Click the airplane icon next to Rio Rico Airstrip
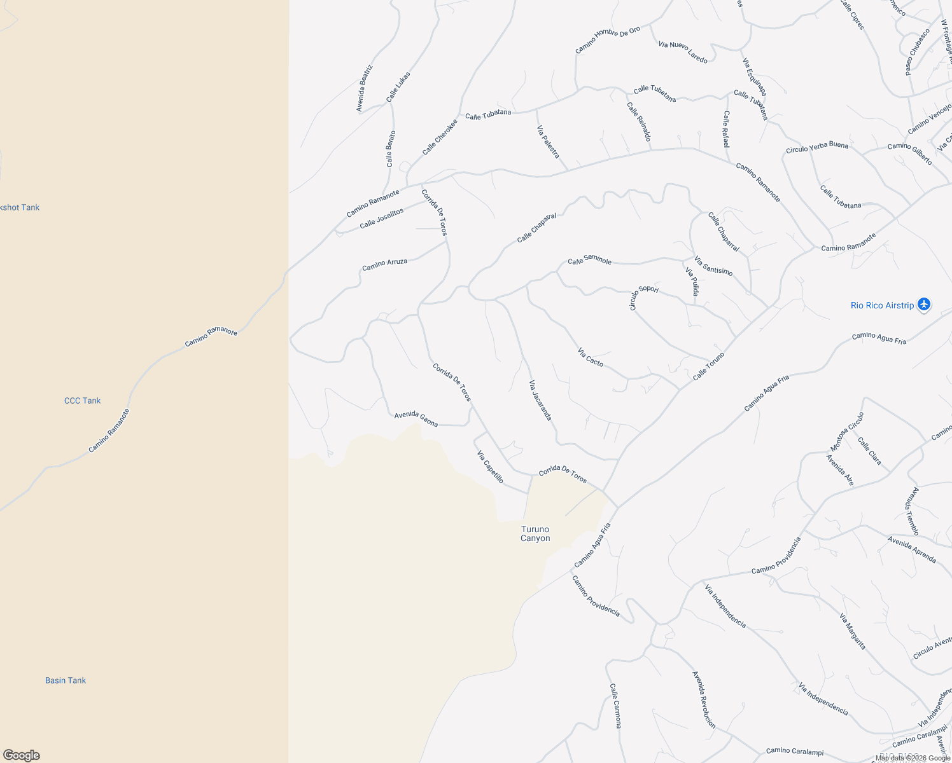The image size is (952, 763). (x=924, y=305)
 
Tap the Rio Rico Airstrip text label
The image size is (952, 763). (x=882, y=306)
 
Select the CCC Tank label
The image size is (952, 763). (x=83, y=401)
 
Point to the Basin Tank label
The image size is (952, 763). (x=66, y=680)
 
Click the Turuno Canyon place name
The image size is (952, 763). (x=535, y=534)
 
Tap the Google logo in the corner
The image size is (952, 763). (x=22, y=755)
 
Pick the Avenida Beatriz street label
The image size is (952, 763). (x=364, y=88)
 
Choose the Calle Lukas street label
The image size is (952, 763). (x=398, y=87)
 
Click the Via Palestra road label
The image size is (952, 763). (x=548, y=142)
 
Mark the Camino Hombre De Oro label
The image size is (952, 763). (x=608, y=40)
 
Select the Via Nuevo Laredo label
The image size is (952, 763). (x=683, y=52)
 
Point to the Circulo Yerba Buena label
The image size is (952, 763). (x=817, y=147)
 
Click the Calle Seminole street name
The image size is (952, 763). (x=590, y=260)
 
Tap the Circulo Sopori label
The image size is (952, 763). (x=643, y=296)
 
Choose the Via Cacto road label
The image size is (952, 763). (x=591, y=357)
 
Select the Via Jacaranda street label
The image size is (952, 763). (x=540, y=401)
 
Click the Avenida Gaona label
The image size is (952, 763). (x=416, y=418)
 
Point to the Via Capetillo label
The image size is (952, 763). (x=491, y=467)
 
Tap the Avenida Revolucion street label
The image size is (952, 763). (x=704, y=699)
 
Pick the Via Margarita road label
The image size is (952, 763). (x=853, y=631)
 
